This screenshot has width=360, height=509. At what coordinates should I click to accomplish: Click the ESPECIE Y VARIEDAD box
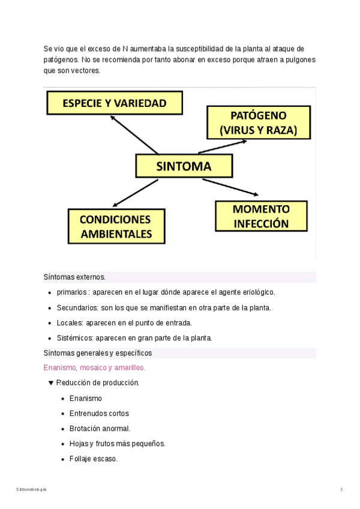115,103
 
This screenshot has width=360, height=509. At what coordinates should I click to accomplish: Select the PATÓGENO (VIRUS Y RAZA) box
259,122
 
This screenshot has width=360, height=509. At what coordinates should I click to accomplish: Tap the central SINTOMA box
184,166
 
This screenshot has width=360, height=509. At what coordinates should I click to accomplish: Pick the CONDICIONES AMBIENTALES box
116,226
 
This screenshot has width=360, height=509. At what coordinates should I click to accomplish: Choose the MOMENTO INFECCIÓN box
261,216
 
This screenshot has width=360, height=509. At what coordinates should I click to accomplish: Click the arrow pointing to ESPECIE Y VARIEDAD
134,134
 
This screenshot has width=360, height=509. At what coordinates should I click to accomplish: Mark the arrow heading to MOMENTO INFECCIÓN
231,187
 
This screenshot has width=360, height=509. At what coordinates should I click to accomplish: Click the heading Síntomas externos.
74,277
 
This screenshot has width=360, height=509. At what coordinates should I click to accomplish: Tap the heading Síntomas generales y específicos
98,353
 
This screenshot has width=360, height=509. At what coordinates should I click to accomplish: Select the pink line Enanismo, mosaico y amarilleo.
94,367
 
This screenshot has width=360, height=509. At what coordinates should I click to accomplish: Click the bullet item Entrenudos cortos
99,414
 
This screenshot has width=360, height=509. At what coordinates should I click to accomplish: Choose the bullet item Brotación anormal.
100,429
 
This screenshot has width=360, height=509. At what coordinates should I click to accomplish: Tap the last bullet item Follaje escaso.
94,459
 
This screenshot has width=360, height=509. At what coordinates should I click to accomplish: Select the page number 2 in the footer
341,490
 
